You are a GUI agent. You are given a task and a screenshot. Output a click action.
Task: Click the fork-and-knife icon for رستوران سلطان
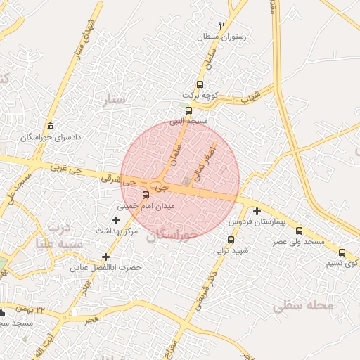pyautogui.click(x=221, y=25)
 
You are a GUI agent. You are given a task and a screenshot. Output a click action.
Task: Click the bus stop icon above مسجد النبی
pyautogui.click(x=188, y=110)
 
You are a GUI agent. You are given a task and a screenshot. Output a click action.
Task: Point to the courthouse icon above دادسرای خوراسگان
pyautogui.click(x=50, y=126)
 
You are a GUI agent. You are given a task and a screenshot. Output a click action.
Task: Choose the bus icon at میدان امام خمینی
pyautogui.click(x=146, y=195)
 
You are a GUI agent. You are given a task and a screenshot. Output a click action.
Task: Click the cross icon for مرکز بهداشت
pyautogui.click(x=116, y=221)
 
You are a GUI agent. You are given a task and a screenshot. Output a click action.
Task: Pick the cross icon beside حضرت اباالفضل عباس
pyautogui.click(x=105, y=257)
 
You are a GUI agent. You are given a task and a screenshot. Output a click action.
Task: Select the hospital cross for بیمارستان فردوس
pyautogui.click(x=257, y=211)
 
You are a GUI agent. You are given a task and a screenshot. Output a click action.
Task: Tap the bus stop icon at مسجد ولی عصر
pyautogui.click(x=300, y=231)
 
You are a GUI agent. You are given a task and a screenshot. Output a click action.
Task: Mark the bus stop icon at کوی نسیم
pyautogui.click(x=342, y=252)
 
